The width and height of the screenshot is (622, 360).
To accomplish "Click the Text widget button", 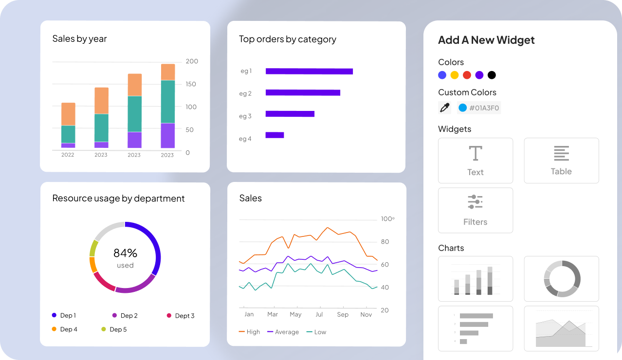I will [476, 161].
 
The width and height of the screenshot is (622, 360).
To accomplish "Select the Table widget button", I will [561, 161].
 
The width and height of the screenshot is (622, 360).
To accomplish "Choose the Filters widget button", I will [476, 210].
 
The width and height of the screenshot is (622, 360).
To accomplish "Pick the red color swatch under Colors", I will [467, 75].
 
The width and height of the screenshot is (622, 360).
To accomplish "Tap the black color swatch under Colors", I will [492, 75].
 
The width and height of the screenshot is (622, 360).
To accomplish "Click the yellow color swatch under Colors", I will [455, 75].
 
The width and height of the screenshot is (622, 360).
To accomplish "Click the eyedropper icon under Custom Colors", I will [445, 108].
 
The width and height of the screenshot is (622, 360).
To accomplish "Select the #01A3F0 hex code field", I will [479, 108].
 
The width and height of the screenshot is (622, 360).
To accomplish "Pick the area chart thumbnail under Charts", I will [561, 328].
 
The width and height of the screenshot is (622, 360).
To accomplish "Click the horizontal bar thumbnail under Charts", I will [476, 328].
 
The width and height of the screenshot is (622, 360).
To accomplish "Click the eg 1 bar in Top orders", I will [309, 72].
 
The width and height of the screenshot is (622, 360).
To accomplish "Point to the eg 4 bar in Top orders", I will [274, 135].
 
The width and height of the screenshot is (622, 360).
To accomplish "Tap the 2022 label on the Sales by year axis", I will [68, 155].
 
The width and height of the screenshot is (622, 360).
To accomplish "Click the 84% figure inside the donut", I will [125, 253].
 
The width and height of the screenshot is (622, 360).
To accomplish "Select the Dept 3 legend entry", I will [181, 316].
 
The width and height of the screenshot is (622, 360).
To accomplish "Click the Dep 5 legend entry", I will [114, 329].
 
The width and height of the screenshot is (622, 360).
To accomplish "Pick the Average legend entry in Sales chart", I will [283, 332].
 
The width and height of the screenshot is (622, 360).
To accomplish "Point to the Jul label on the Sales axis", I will [319, 314].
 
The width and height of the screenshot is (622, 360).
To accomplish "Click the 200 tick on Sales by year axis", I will [192, 61].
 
